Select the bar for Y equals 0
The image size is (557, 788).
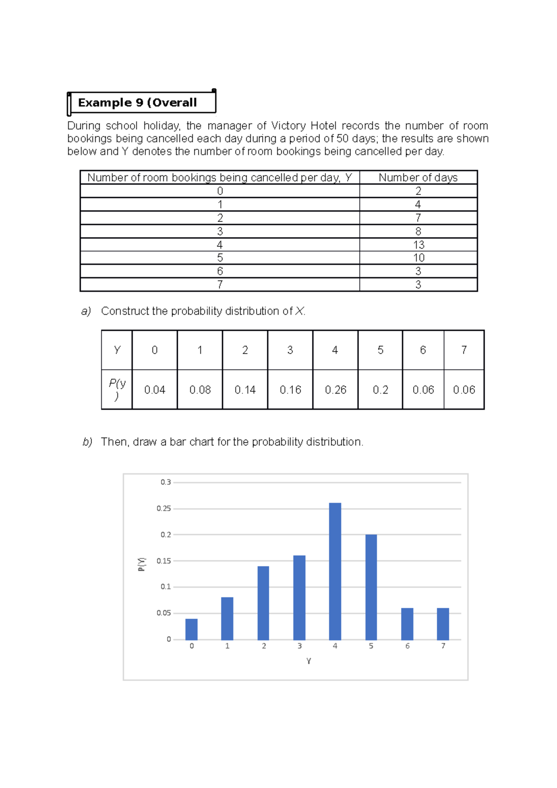[191, 629]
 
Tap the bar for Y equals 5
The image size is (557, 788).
[371, 587]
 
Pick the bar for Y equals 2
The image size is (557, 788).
[263, 603]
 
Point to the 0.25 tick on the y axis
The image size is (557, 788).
[163, 509]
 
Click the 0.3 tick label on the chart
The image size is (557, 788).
[166, 482]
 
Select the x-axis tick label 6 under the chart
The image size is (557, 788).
[407, 646]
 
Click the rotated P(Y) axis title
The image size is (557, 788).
[142, 564]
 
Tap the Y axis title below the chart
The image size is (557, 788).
[308, 661]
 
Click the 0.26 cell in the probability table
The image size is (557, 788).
[335, 390]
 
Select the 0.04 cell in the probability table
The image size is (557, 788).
[155, 390]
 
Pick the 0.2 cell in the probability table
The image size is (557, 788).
[380, 390]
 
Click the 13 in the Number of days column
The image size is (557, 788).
[419, 245]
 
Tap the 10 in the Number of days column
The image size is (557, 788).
[419, 258]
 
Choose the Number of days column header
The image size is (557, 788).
[418, 177]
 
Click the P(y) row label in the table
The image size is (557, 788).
[117, 389]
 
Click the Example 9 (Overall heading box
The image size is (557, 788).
[141, 103]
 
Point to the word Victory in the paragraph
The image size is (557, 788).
[288, 126]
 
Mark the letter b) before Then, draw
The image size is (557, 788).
[87, 442]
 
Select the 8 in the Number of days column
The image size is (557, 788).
[418, 231]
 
